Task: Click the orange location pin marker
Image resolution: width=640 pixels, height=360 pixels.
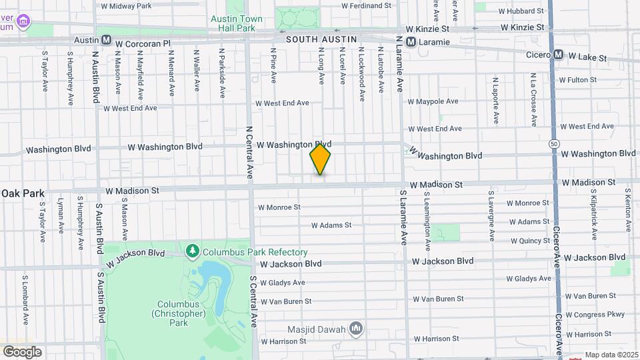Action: [x=320, y=159]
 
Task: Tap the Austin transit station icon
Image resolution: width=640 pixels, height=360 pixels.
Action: [x=106, y=40]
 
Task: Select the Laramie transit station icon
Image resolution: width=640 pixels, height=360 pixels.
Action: [x=411, y=41]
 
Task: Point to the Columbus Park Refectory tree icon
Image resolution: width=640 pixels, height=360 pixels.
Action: [x=193, y=251]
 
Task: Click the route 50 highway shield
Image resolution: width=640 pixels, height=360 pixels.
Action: [x=554, y=143]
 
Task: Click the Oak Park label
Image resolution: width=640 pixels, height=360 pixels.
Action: [x=23, y=193]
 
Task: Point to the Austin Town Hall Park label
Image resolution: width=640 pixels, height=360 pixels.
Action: [x=237, y=23]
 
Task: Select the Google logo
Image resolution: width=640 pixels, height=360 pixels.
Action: [x=22, y=351]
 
